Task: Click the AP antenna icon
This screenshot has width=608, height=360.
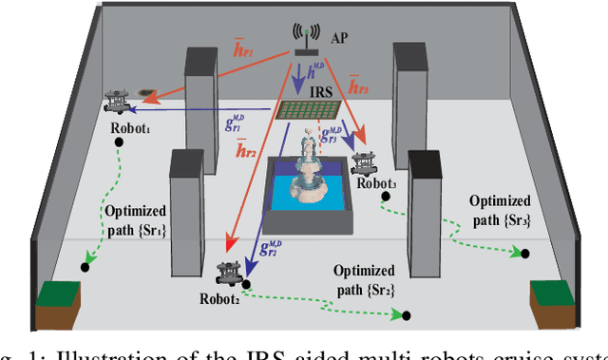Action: (x=304, y=41)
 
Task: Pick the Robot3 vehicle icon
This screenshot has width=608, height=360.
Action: (x=365, y=161)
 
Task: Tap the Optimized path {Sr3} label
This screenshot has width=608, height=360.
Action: (x=502, y=210)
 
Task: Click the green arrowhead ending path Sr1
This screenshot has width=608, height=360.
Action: (x=87, y=256)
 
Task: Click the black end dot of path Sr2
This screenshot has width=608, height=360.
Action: (x=406, y=315)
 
